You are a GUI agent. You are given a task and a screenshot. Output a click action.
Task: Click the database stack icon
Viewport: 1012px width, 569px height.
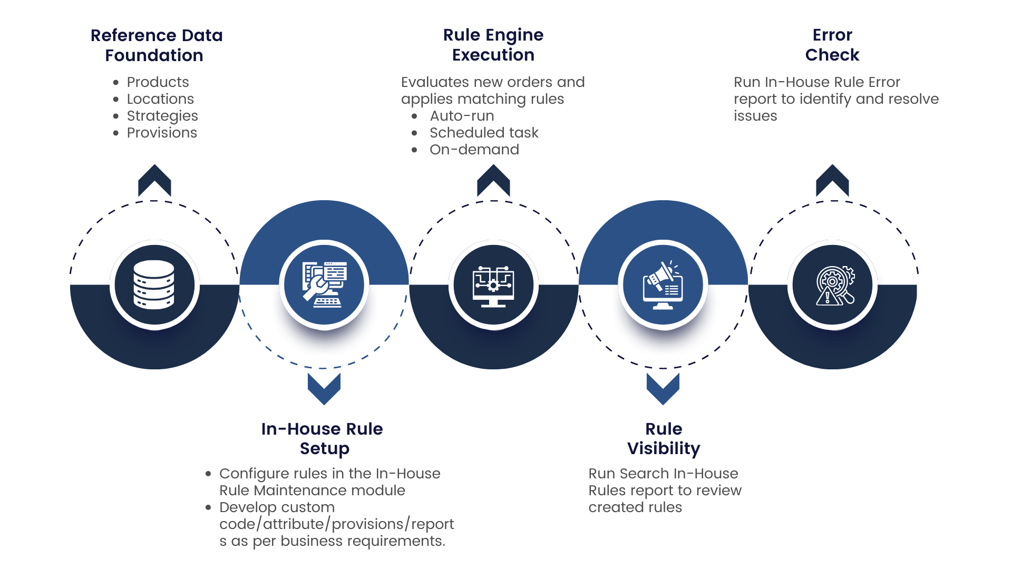[154, 284]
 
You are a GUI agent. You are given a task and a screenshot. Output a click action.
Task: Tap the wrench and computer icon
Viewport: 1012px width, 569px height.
[324, 284]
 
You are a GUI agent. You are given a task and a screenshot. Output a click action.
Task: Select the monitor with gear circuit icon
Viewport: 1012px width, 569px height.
[493, 285]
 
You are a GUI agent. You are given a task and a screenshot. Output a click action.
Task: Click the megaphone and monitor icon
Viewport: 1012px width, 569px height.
[663, 285]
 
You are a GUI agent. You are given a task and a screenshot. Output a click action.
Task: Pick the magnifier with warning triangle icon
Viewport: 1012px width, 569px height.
[833, 285]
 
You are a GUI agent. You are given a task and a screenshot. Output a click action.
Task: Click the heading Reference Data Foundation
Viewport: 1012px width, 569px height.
[156, 45]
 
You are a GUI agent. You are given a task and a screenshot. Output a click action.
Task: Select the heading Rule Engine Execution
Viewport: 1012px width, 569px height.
[493, 45]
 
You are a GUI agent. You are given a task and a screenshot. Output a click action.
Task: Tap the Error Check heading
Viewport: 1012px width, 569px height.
[832, 45]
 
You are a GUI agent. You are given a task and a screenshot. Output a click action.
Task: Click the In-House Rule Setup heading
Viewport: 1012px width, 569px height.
[323, 438]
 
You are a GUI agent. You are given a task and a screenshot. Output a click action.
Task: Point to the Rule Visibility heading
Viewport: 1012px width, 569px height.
[664, 438]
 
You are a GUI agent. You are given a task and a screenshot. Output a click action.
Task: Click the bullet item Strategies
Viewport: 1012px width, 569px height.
[162, 116]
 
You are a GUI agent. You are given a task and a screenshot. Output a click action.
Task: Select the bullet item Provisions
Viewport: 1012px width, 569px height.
[162, 133]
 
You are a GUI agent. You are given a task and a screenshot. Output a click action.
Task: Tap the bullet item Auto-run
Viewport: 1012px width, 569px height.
[462, 116]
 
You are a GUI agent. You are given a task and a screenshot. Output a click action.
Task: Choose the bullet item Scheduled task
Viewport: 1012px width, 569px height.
[484, 133]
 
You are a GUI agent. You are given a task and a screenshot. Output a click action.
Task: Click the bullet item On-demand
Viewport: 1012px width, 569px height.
[474, 150]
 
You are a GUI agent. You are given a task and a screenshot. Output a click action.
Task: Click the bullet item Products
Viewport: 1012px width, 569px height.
[158, 82]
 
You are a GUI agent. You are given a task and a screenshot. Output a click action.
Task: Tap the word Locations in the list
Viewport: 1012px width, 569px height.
[160, 99]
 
